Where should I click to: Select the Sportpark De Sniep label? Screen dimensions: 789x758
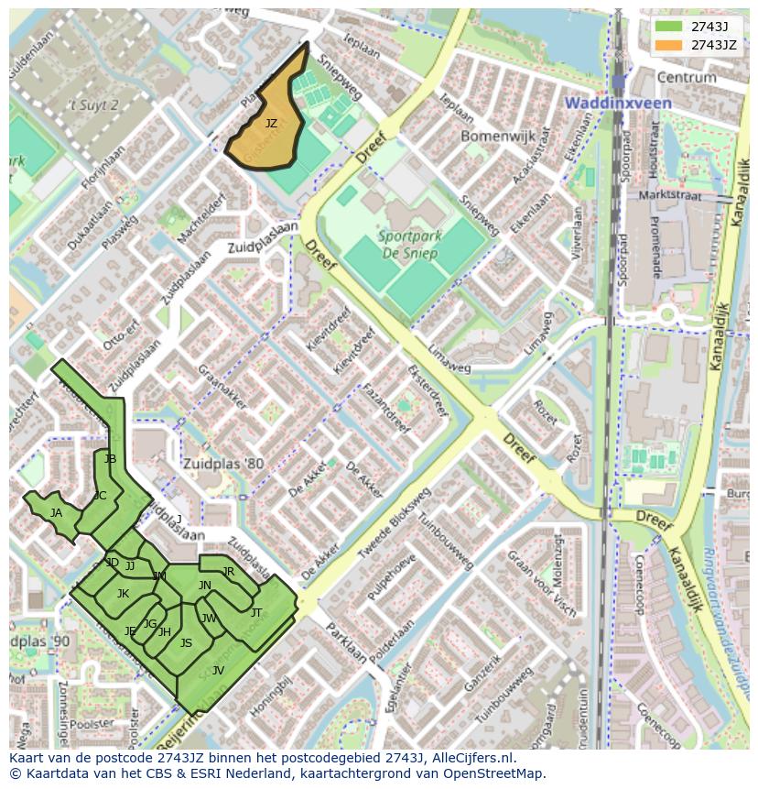[x=409, y=246]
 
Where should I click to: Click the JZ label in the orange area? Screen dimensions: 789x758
[x=271, y=123]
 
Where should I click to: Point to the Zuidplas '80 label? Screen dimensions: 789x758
[x=222, y=464]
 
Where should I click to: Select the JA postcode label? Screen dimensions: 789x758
[x=56, y=513]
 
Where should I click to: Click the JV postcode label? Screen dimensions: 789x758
[x=218, y=671]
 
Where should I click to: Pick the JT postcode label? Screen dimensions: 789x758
[x=256, y=612]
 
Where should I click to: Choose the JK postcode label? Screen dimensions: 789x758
[x=123, y=594]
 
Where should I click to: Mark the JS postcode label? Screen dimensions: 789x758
[x=186, y=643]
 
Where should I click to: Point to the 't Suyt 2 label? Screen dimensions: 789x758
[x=94, y=105]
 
